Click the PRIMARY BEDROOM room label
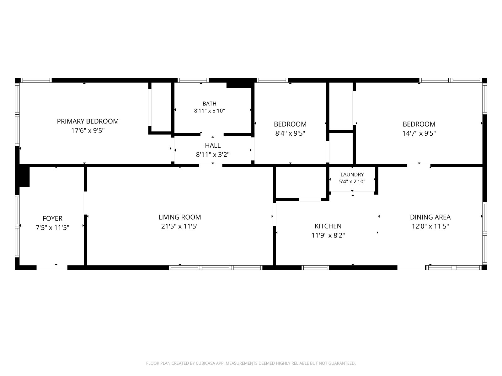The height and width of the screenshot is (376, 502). (88, 121)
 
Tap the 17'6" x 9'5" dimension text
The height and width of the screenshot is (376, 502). (88, 131)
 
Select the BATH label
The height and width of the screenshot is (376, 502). (210, 104)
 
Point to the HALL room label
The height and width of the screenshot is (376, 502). (213, 145)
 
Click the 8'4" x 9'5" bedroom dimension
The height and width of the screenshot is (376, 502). (290, 133)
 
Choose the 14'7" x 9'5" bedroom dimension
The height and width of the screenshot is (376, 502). (419, 133)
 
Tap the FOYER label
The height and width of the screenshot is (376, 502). (52, 218)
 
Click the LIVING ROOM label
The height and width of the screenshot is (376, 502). (180, 217)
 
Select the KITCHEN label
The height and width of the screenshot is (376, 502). (328, 226)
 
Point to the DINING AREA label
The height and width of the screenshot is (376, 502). (430, 217)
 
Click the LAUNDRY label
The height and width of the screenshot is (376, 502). (352, 175)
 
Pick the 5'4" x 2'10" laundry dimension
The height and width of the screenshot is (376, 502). (352, 182)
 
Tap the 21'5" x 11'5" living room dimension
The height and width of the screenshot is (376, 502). (180, 226)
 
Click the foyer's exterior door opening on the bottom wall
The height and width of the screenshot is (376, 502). (52, 268)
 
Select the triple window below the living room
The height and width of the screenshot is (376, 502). (216, 268)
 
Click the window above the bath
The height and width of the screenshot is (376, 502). (193, 80)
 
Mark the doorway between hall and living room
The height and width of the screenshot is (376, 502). (211, 165)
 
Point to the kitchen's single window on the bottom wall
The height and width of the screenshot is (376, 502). (315, 268)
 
